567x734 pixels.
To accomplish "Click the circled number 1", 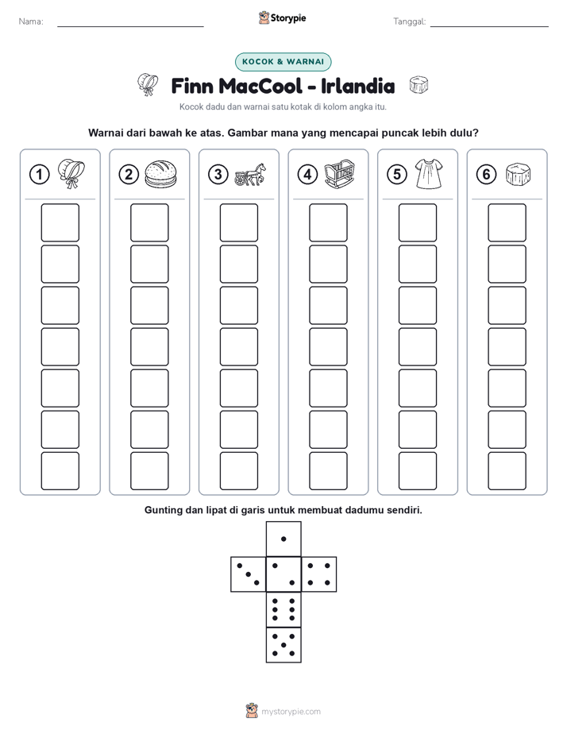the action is coord(39,175).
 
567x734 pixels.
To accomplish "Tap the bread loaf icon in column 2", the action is coord(160,174).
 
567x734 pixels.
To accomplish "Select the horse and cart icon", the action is coord(250,175).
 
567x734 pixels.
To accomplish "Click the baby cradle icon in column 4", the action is coord(340,174).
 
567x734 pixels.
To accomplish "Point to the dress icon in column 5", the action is coord(429,174).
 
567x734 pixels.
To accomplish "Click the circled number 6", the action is coord(486,175).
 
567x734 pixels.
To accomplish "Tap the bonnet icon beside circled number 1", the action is coord(71,174).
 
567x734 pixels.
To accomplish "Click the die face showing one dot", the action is coord(283,539).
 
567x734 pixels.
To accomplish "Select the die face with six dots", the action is coord(283,609).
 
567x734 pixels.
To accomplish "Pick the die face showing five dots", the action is coord(283,644).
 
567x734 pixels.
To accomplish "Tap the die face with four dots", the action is coord(319,574).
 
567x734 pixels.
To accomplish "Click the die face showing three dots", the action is coord(249,574).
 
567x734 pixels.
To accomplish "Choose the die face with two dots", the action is coord(283,574).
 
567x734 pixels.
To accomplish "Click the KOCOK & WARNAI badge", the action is coord(283,62).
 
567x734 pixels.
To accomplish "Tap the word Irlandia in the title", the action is coord(357,86).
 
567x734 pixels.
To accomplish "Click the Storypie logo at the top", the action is coord(282,18).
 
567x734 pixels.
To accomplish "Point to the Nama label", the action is coord(31,21).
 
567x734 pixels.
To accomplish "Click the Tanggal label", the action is coord(410,21).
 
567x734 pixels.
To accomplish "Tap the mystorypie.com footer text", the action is coord(291,712).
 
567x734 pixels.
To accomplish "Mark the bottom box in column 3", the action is coord(239,471).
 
